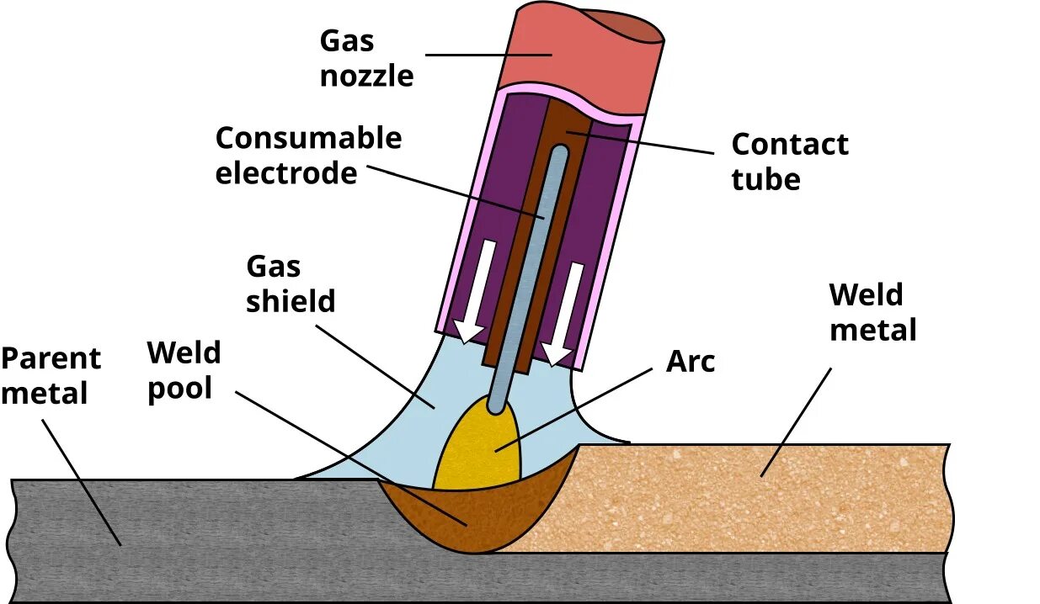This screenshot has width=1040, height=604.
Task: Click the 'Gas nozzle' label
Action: pos(366,58)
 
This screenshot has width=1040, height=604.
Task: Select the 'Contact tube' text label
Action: pos(789,162)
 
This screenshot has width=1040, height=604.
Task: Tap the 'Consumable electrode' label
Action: pos(308,156)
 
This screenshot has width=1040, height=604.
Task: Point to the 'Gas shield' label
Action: pos(290,284)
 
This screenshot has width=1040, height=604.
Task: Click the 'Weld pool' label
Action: pos(184,370)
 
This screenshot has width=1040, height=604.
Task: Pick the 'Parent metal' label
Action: pos(51,376)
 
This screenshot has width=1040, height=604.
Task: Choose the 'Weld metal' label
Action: pos(872,312)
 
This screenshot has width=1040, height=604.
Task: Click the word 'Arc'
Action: pos(690,362)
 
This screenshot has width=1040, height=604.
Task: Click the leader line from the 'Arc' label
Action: pos(589,404)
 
